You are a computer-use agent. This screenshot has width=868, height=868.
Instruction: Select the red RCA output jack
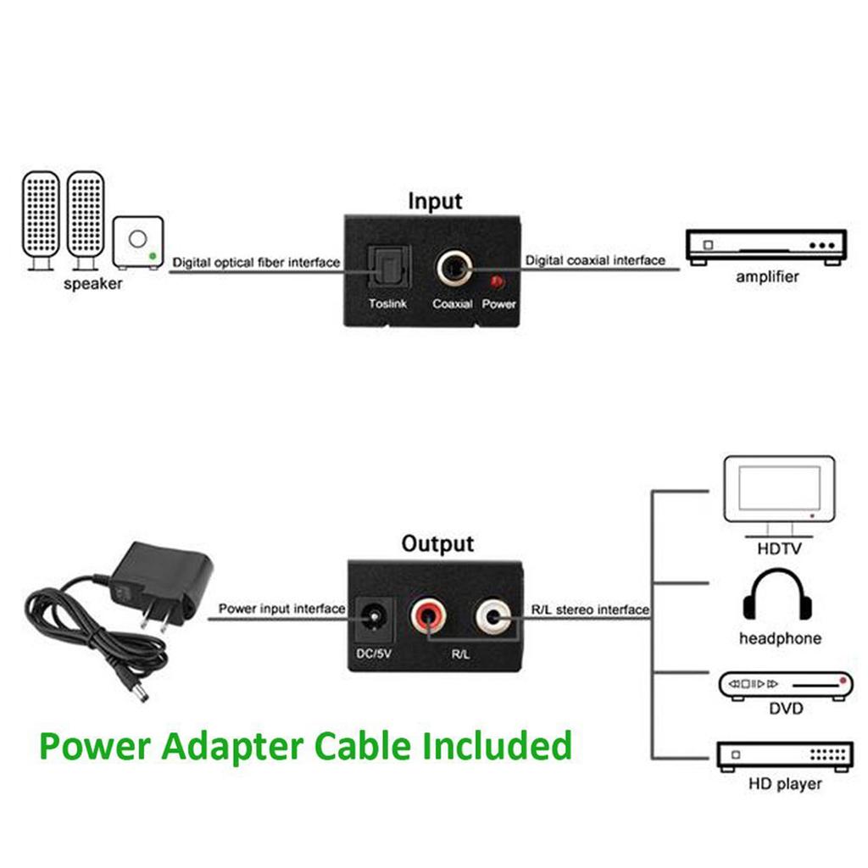(427, 617)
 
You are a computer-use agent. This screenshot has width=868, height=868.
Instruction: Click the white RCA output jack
(493, 617)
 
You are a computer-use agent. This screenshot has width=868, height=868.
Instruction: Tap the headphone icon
(777, 597)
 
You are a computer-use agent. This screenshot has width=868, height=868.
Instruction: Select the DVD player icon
(785, 684)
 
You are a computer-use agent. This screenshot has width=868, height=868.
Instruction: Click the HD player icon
(785, 755)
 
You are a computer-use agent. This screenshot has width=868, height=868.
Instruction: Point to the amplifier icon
(765, 247)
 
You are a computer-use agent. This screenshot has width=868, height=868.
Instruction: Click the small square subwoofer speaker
(137, 242)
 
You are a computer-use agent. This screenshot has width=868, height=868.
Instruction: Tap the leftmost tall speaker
(41, 219)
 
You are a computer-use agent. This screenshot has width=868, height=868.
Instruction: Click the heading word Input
(435, 201)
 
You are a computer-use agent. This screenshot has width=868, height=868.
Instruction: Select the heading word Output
(437, 543)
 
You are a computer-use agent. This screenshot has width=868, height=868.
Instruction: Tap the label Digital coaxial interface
(595, 260)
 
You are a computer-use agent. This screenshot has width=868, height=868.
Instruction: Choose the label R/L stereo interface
(590, 609)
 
